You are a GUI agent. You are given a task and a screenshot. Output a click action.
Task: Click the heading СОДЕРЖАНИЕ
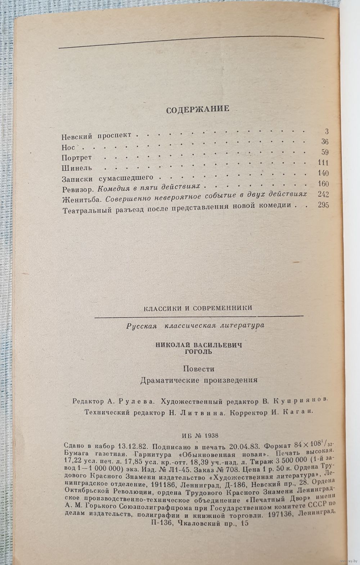(x=197, y=109)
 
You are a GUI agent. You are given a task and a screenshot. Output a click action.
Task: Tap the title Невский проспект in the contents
(x=96, y=136)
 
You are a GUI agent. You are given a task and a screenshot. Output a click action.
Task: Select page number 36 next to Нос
(x=325, y=142)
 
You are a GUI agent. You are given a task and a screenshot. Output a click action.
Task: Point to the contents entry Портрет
(x=77, y=157)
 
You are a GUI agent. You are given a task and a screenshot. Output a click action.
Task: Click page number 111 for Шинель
(x=323, y=163)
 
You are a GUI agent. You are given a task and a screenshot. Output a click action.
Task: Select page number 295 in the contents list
(x=323, y=206)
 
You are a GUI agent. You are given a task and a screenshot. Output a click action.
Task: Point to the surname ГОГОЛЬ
(x=198, y=352)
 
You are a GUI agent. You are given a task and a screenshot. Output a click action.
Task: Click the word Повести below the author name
(x=198, y=369)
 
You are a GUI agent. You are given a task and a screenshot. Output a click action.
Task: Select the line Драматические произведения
(x=199, y=380)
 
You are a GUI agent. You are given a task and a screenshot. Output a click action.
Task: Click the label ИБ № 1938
(x=198, y=435)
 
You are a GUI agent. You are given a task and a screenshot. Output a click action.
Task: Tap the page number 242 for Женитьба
(x=323, y=195)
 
